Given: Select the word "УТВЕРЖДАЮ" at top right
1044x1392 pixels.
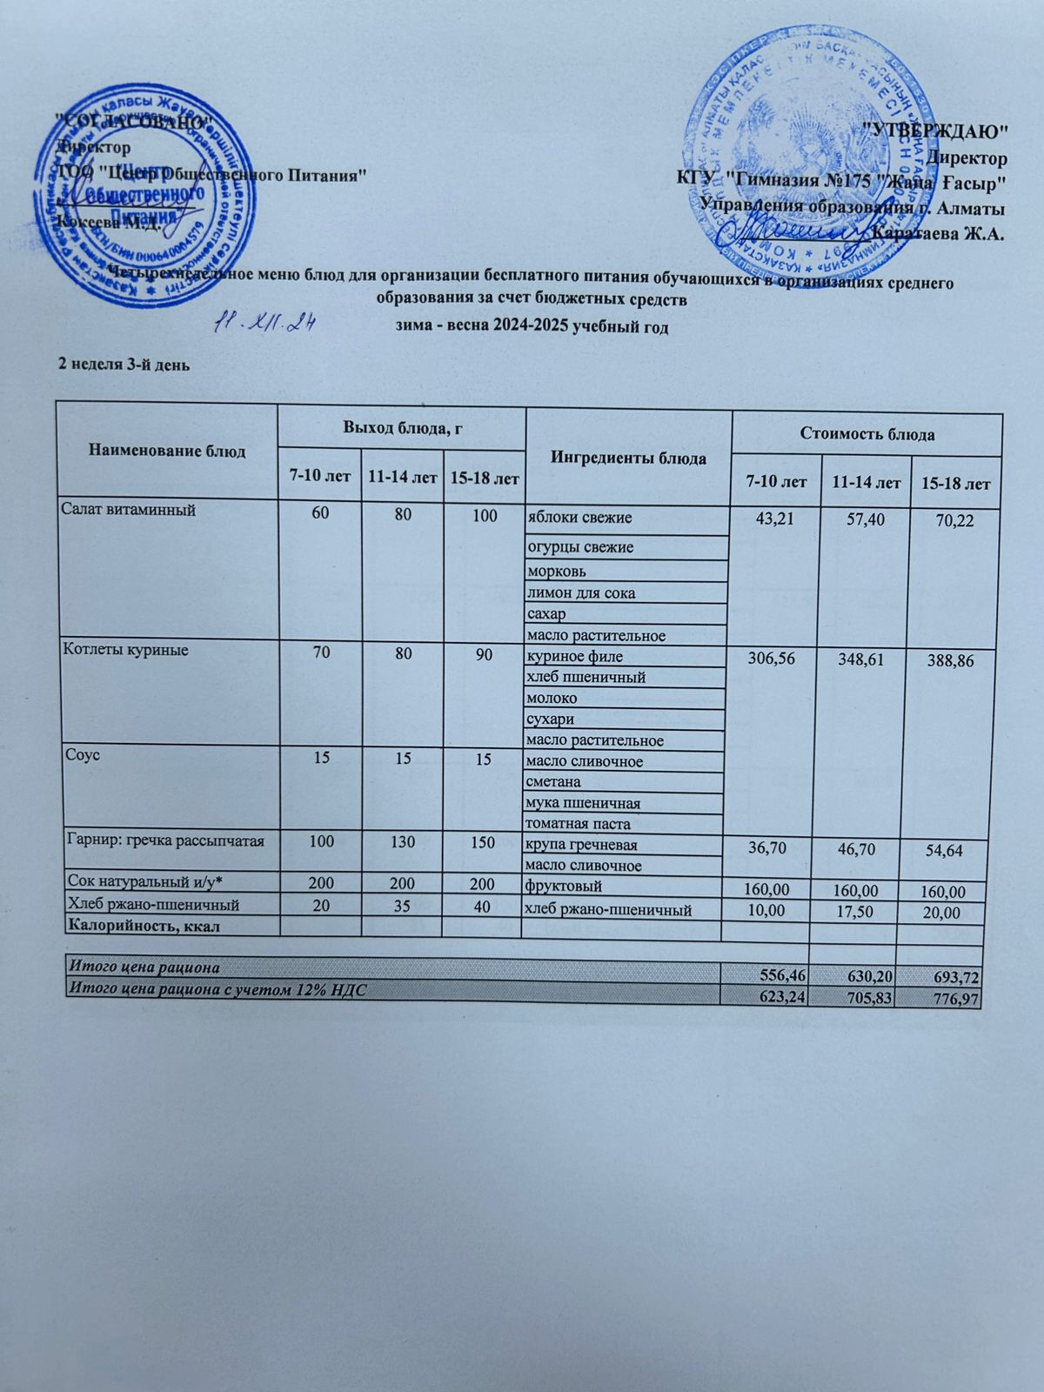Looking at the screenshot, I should click(933, 130).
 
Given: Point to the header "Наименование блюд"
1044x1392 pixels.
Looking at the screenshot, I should click(166, 451).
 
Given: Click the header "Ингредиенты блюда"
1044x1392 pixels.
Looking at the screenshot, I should click(627, 457).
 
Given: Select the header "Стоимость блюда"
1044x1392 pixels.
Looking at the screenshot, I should click(867, 433).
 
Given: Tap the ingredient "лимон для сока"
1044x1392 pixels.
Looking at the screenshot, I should click(581, 593).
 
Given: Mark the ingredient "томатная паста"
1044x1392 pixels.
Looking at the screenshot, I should click(578, 823).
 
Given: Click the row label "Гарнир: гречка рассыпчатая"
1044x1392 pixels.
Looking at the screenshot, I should click(165, 841).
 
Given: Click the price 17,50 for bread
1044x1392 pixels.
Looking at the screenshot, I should click(860, 911).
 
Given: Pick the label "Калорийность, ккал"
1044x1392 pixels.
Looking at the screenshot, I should click(144, 926).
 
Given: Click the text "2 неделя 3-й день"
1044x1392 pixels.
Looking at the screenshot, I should click(124, 365).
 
